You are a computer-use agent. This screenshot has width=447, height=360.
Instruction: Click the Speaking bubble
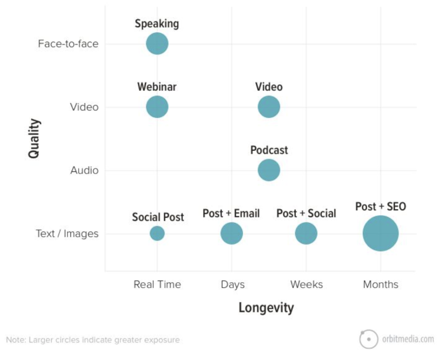pyautogui.click(x=157, y=44)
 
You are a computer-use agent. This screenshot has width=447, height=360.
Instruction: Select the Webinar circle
pyautogui.click(x=157, y=107)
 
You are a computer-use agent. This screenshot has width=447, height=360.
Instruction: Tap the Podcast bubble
pyautogui.click(x=269, y=170)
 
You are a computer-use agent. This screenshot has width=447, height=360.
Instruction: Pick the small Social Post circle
pyautogui.click(x=157, y=233)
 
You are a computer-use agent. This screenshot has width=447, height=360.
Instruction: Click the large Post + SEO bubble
pyautogui.click(x=381, y=233)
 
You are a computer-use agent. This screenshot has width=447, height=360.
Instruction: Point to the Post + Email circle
pyautogui.click(x=232, y=233)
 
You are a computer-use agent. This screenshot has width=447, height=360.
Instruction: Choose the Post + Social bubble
pyautogui.click(x=306, y=233)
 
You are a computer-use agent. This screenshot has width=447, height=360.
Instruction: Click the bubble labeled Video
pyautogui.click(x=269, y=107)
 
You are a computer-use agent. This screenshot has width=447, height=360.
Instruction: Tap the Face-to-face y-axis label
pyautogui.click(x=68, y=44)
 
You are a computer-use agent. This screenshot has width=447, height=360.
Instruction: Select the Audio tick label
pyautogui.click(x=84, y=171)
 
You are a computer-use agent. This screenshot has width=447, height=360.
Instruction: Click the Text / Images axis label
pyautogui.click(x=67, y=234)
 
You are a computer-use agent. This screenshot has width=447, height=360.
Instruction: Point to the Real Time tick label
pyautogui.click(x=157, y=285)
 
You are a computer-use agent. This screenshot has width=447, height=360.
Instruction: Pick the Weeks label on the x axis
pyautogui.click(x=306, y=285)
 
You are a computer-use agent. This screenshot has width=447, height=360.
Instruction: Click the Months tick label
pyautogui.click(x=381, y=285)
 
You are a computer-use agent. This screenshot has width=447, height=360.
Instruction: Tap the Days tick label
pyautogui.click(x=233, y=285)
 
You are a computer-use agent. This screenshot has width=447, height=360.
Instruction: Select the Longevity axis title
pyautogui.click(x=266, y=308)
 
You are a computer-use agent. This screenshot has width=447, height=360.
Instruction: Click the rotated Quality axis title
pyautogui.click(x=34, y=138)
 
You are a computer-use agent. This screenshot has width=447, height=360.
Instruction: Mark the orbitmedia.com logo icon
pyautogui.click(x=368, y=339)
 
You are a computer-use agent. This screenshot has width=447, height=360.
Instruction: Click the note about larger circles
pyautogui.click(x=93, y=340)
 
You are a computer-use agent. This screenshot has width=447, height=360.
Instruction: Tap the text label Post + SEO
pyautogui.click(x=381, y=207)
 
